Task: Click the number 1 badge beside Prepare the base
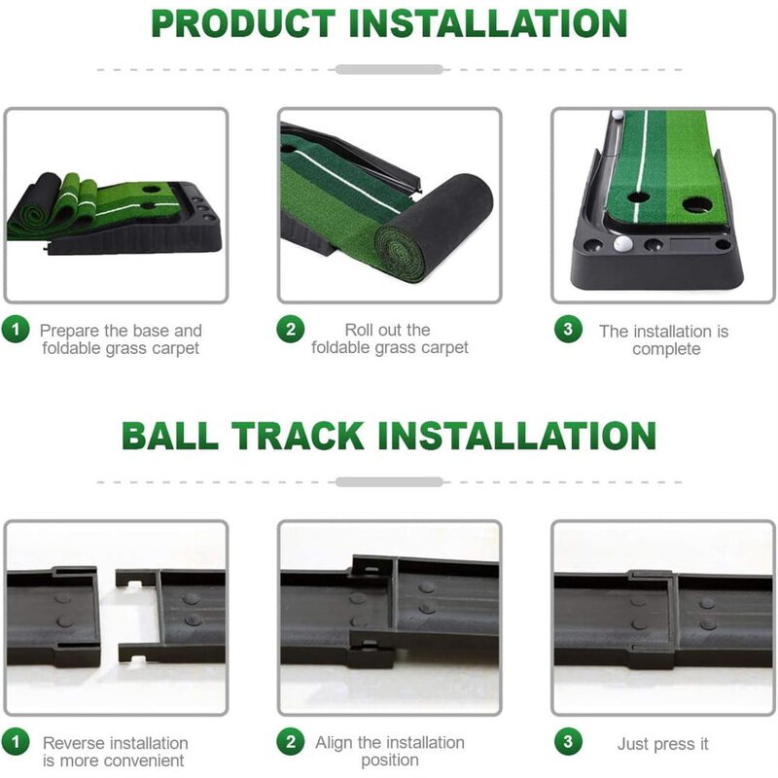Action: click(16, 330)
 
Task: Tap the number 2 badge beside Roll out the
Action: click(290, 330)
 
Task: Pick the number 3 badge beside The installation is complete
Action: click(568, 330)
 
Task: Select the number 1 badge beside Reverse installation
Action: click(16, 743)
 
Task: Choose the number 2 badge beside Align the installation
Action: click(290, 743)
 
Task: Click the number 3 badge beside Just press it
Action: click(568, 743)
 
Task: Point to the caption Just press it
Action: click(663, 744)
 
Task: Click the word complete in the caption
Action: click(666, 349)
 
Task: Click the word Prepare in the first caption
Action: click(70, 331)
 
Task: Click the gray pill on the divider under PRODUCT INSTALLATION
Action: click(389, 70)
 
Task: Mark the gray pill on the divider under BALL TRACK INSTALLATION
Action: click(389, 481)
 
